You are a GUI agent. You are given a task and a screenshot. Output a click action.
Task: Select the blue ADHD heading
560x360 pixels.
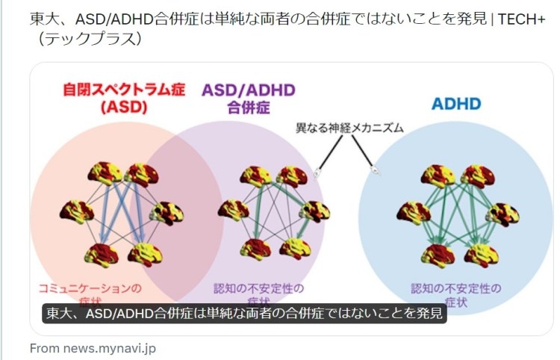(455, 104)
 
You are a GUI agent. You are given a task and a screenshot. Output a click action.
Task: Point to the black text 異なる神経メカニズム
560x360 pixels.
(349, 128)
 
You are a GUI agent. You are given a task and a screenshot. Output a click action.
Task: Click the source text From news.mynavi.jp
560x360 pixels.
(93, 348)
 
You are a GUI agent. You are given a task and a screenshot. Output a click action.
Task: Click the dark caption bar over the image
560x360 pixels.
(243, 314)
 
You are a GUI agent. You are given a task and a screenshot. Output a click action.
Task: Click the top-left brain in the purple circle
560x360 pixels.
(255, 177)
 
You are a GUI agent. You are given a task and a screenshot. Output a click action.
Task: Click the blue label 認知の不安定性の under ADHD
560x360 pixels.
(456, 288)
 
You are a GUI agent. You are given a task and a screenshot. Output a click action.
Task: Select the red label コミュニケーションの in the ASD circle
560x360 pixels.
(90, 288)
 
